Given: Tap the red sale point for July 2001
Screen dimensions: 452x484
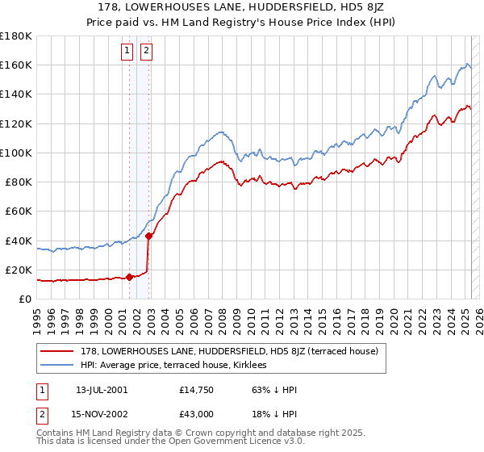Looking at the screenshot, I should pyautogui.click(x=129, y=277).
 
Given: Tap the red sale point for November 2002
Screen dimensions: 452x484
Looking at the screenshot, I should pyautogui.click(x=148, y=236).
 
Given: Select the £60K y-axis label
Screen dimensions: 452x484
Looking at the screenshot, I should pyautogui.click(x=19, y=211).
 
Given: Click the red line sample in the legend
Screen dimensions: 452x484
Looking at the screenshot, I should pyautogui.click(x=58, y=351).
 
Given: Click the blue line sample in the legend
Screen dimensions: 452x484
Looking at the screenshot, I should pyautogui.click(x=58, y=366).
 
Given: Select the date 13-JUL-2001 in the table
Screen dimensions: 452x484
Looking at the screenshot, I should pyautogui.click(x=101, y=390).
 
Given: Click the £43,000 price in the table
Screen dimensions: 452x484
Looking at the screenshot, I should pyautogui.click(x=197, y=413).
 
